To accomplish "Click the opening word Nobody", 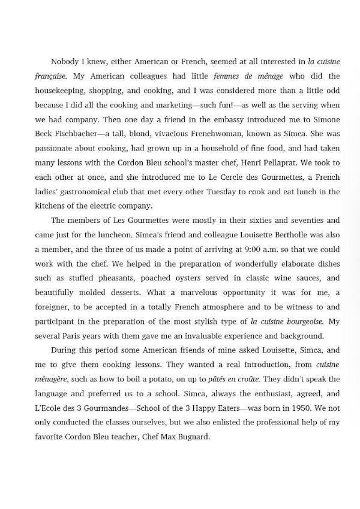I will point(65,61).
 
